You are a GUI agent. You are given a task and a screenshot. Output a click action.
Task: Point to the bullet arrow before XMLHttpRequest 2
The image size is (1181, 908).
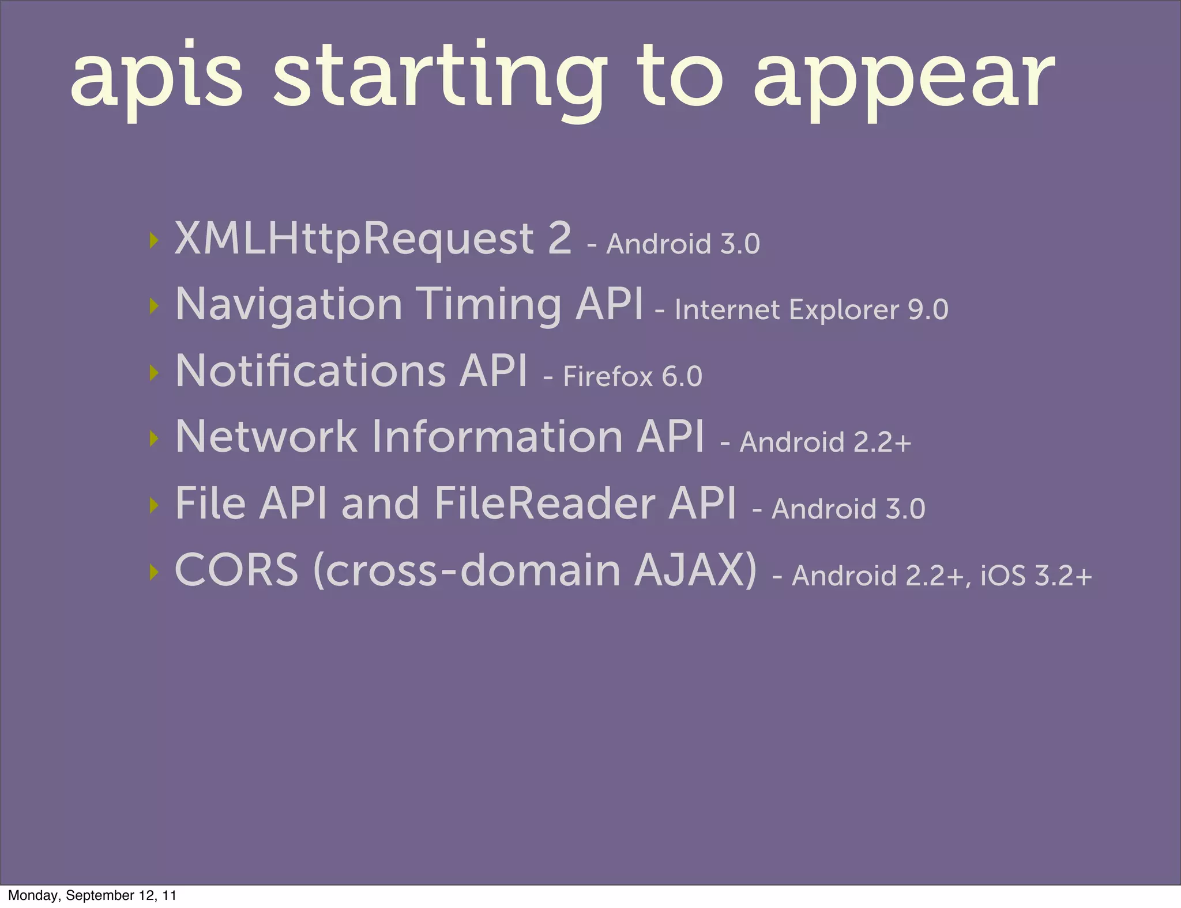[x=153, y=240]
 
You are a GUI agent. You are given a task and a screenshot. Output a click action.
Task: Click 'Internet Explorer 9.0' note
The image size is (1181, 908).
[x=811, y=310]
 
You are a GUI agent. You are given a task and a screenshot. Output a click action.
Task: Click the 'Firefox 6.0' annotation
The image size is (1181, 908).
[x=632, y=377]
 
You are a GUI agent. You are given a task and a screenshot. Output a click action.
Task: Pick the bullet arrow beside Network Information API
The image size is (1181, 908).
[x=153, y=438]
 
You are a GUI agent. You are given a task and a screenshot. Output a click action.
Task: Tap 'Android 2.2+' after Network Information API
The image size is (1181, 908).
[x=825, y=442]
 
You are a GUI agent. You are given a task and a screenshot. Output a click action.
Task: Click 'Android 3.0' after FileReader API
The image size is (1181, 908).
[x=848, y=509]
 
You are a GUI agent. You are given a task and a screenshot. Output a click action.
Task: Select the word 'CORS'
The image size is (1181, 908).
[x=236, y=570]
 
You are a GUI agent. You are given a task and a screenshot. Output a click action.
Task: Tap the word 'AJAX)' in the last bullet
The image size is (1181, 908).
[x=695, y=570]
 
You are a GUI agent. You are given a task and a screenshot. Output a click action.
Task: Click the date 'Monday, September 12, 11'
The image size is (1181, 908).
[x=92, y=895]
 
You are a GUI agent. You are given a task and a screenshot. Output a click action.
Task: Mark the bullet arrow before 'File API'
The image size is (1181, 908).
[x=153, y=505]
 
